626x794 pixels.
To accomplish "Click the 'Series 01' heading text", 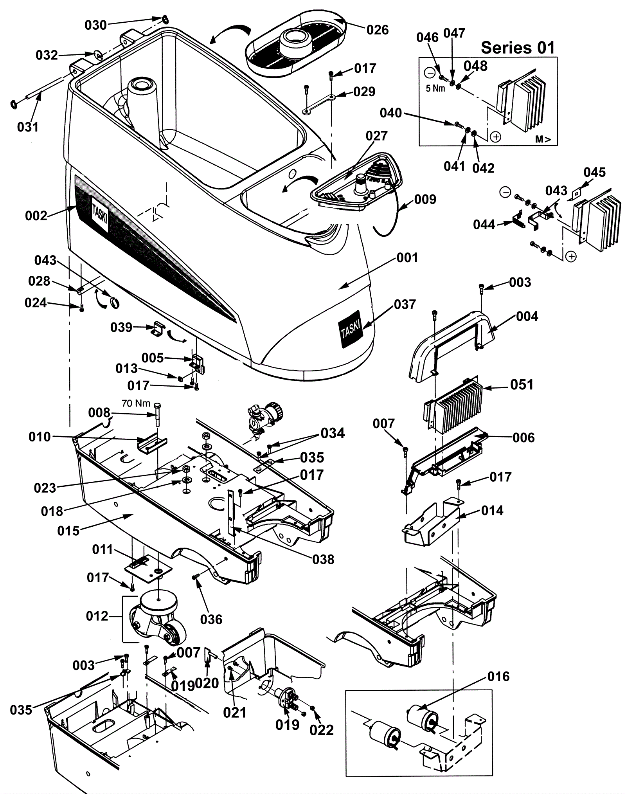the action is pyautogui.click(x=518, y=48).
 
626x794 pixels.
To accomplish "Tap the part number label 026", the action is pyautogui.click(x=378, y=30).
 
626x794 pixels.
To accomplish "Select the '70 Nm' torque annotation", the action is pyautogui.click(x=136, y=403).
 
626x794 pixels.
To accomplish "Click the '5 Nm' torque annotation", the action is pyautogui.click(x=435, y=88).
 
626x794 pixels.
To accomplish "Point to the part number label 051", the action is pyautogui.click(x=522, y=385).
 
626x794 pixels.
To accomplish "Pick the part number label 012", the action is pyautogui.click(x=97, y=616).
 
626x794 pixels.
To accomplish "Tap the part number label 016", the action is pyautogui.click(x=498, y=676).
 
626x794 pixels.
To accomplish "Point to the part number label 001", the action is pyautogui.click(x=407, y=257).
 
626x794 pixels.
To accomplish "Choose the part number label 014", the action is pyautogui.click(x=492, y=510).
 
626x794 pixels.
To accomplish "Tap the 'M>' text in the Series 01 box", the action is pyautogui.click(x=543, y=139).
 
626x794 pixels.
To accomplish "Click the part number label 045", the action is pyautogui.click(x=594, y=172).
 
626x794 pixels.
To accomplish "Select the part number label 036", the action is pyautogui.click(x=211, y=619).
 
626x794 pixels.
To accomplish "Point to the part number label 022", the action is pyautogui.click(x=322, y=730).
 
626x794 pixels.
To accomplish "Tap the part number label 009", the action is pyautogui.click(x=425, y=199).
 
